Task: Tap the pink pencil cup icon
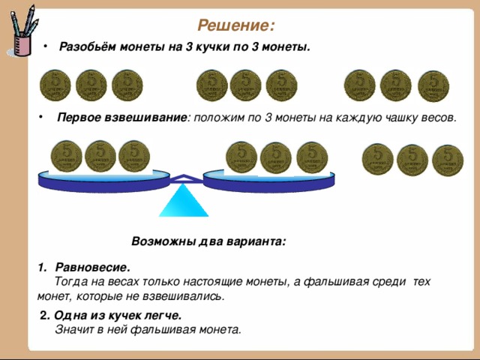pos(22,45)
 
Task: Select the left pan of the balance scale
pos(103,181)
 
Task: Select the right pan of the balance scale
pos(268,181)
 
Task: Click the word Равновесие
pos(92,268)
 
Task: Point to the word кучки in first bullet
pos(213,47)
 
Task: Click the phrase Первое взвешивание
pos(121,118)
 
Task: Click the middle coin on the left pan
pos(100,156)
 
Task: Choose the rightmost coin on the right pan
pos(312,157)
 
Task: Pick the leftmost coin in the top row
pos(55,85)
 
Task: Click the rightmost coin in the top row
pos(433,86)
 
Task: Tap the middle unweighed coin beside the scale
pos(412,160)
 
